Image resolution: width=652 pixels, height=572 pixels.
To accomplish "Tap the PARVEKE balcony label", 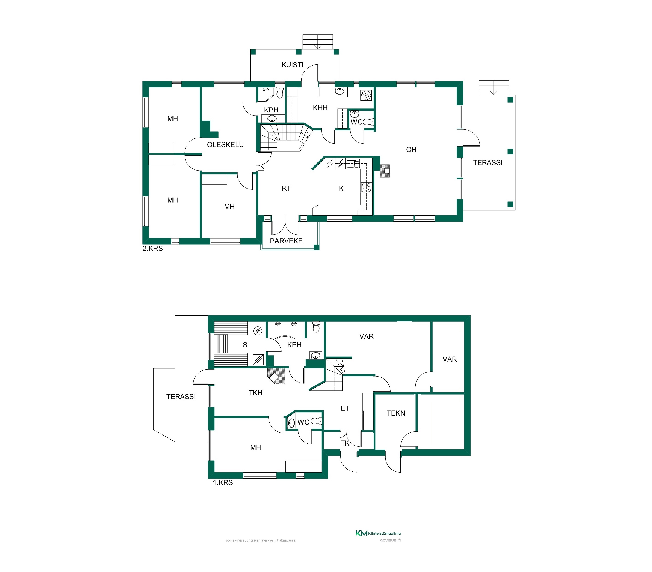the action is pos(286,241).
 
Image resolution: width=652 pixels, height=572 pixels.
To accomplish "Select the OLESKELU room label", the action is pos(225,145).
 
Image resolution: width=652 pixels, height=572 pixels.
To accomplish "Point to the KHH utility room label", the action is pos(320,108).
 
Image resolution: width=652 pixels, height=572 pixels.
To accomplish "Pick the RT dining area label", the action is pos(286,188).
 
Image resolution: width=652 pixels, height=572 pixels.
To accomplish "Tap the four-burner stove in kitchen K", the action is pos(366,187).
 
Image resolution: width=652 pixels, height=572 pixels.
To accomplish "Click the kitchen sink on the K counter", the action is pos(353,163).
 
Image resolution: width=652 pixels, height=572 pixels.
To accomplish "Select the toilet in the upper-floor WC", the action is pos(368,122).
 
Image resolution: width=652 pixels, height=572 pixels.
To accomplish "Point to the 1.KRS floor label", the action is pos(223,483).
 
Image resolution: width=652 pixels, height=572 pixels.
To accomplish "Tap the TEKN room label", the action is pos(396,413).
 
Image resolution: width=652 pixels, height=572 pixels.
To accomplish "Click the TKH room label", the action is pos(255,393).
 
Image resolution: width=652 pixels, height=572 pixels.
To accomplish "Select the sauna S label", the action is pos(245,345).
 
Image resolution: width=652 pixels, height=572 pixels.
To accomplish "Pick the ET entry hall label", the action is pos(345,408).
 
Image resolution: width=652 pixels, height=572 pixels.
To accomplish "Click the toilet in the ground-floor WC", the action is pos(316,421).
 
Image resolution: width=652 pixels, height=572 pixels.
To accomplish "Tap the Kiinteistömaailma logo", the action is pos(378,533).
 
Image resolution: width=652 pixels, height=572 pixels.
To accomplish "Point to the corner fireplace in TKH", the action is pos(276,376).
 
